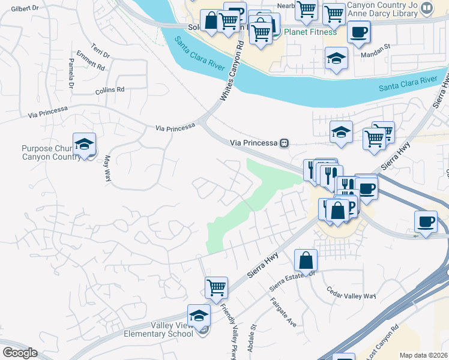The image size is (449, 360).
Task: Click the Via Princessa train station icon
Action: tap(285, 143)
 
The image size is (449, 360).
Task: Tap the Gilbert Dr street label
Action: tap(25, 8)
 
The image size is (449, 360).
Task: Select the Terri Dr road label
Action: tap(100, 51)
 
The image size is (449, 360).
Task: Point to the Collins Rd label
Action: tap(109, 90)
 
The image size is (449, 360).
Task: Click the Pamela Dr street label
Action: tap(71, 74)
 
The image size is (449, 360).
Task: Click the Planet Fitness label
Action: tap(311, 32)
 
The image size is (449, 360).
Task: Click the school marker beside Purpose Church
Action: tap(85, 145)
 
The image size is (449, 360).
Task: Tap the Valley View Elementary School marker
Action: tap(199, 316)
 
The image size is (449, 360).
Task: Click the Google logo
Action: tap(20, 352)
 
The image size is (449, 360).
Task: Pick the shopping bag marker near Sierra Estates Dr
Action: tap(306, 261)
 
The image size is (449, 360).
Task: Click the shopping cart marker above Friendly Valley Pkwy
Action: tap(216, 287)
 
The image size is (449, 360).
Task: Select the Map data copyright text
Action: tap(423, 355)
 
